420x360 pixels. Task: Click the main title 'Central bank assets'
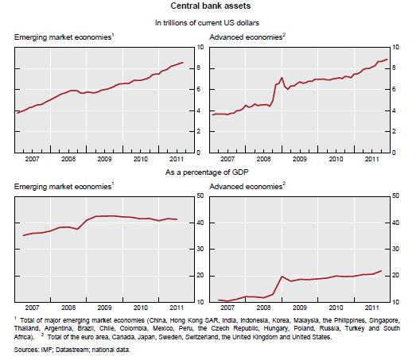point(211,6)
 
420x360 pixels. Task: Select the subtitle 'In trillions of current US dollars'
point(207,23)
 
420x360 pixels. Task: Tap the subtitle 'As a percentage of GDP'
point(207,172)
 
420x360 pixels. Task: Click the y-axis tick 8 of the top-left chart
point(198,68)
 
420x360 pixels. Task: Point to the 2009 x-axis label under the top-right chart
point(299,159)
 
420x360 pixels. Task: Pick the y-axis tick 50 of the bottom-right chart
point(395,196)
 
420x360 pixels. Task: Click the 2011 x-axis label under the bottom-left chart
point(177,308)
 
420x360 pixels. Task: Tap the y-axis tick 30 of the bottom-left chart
point(200,249)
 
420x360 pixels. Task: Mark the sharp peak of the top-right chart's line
point(282,78)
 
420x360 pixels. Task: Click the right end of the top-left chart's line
point(183,63)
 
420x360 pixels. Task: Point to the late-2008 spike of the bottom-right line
point(282,277)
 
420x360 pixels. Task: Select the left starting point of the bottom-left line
point(23,235)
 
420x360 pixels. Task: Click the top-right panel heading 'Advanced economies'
point(246,37)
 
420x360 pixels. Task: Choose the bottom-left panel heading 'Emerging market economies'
point(62,187)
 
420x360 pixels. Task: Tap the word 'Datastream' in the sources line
point(72,350)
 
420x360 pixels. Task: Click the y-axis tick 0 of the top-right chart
point(394,153)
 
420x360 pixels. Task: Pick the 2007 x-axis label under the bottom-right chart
point(227,308)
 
